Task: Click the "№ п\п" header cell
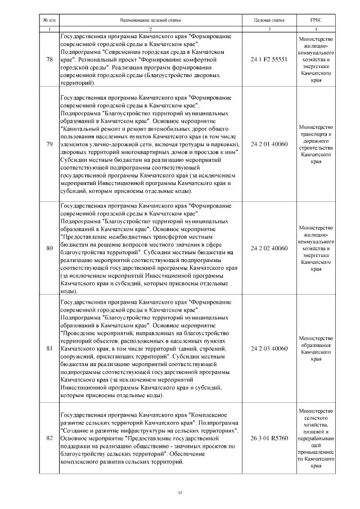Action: (49, 20)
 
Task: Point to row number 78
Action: (49, 59)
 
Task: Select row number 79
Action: (49, 144)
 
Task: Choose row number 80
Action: (49, 247)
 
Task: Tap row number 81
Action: (49, 348)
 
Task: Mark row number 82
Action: (49, 438)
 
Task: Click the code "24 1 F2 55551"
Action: (269, 59)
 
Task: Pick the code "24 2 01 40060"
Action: (269, 144)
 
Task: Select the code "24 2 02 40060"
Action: (269, 247)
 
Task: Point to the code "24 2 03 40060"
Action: (269, 348)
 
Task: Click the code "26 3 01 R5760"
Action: (269, 438)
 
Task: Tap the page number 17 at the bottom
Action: (180, 493)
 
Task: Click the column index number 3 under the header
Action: (269, 29)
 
